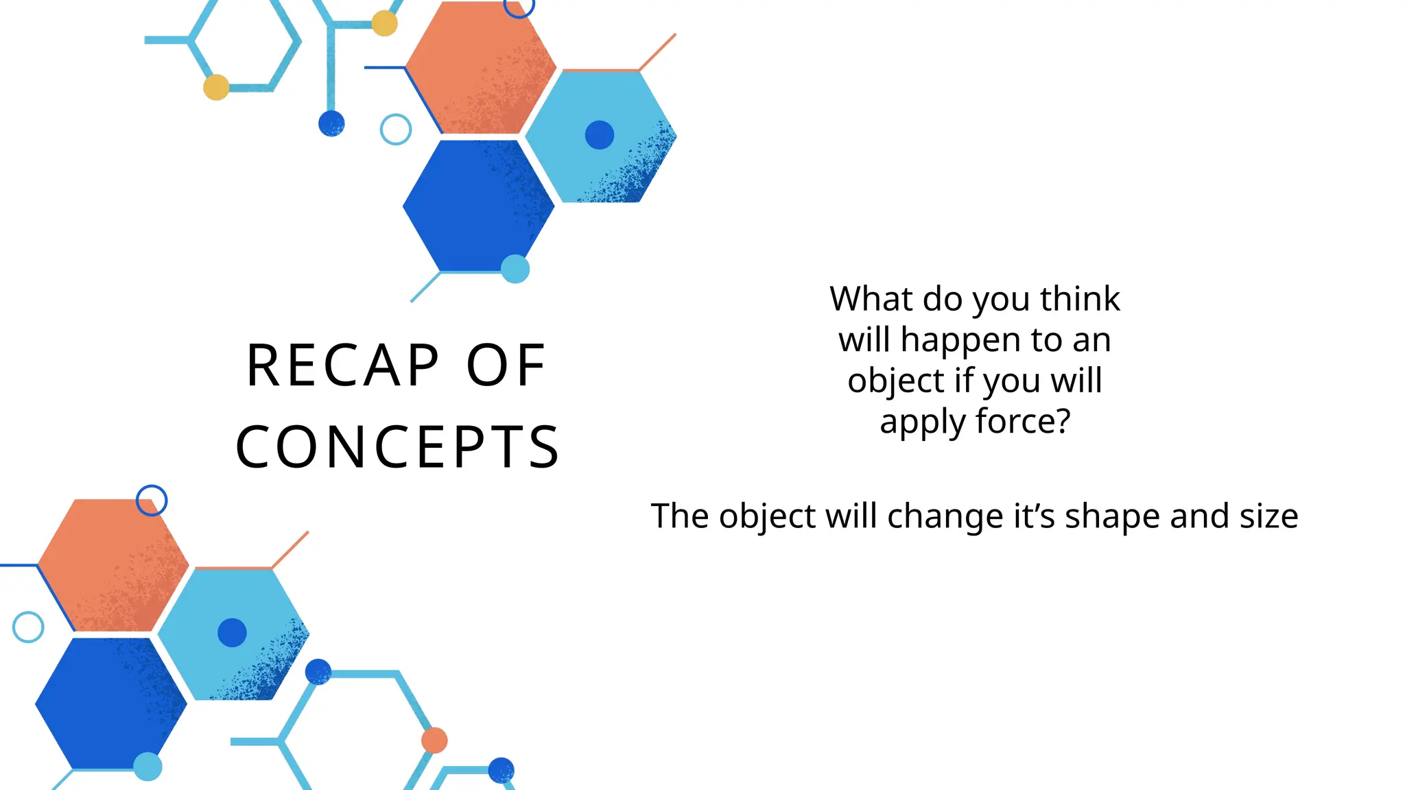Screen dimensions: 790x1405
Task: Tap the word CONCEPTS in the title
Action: point(397,447)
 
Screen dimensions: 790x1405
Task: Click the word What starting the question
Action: point(871,299)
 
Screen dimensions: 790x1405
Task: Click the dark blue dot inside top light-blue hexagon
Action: point(599,135)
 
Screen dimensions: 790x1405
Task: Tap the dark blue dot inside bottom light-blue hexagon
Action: point(232,632)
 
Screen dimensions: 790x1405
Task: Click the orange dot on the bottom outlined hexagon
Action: point(434,741)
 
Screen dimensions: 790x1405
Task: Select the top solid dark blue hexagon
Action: point(478,206)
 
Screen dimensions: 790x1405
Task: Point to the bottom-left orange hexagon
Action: point(113,565)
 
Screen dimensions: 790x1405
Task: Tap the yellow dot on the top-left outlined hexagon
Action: point(216,88)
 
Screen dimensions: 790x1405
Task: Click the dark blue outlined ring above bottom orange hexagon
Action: point(152,501)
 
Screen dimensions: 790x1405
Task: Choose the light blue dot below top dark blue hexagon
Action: point(515,269)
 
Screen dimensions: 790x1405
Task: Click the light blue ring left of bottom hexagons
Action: point(28,627)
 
